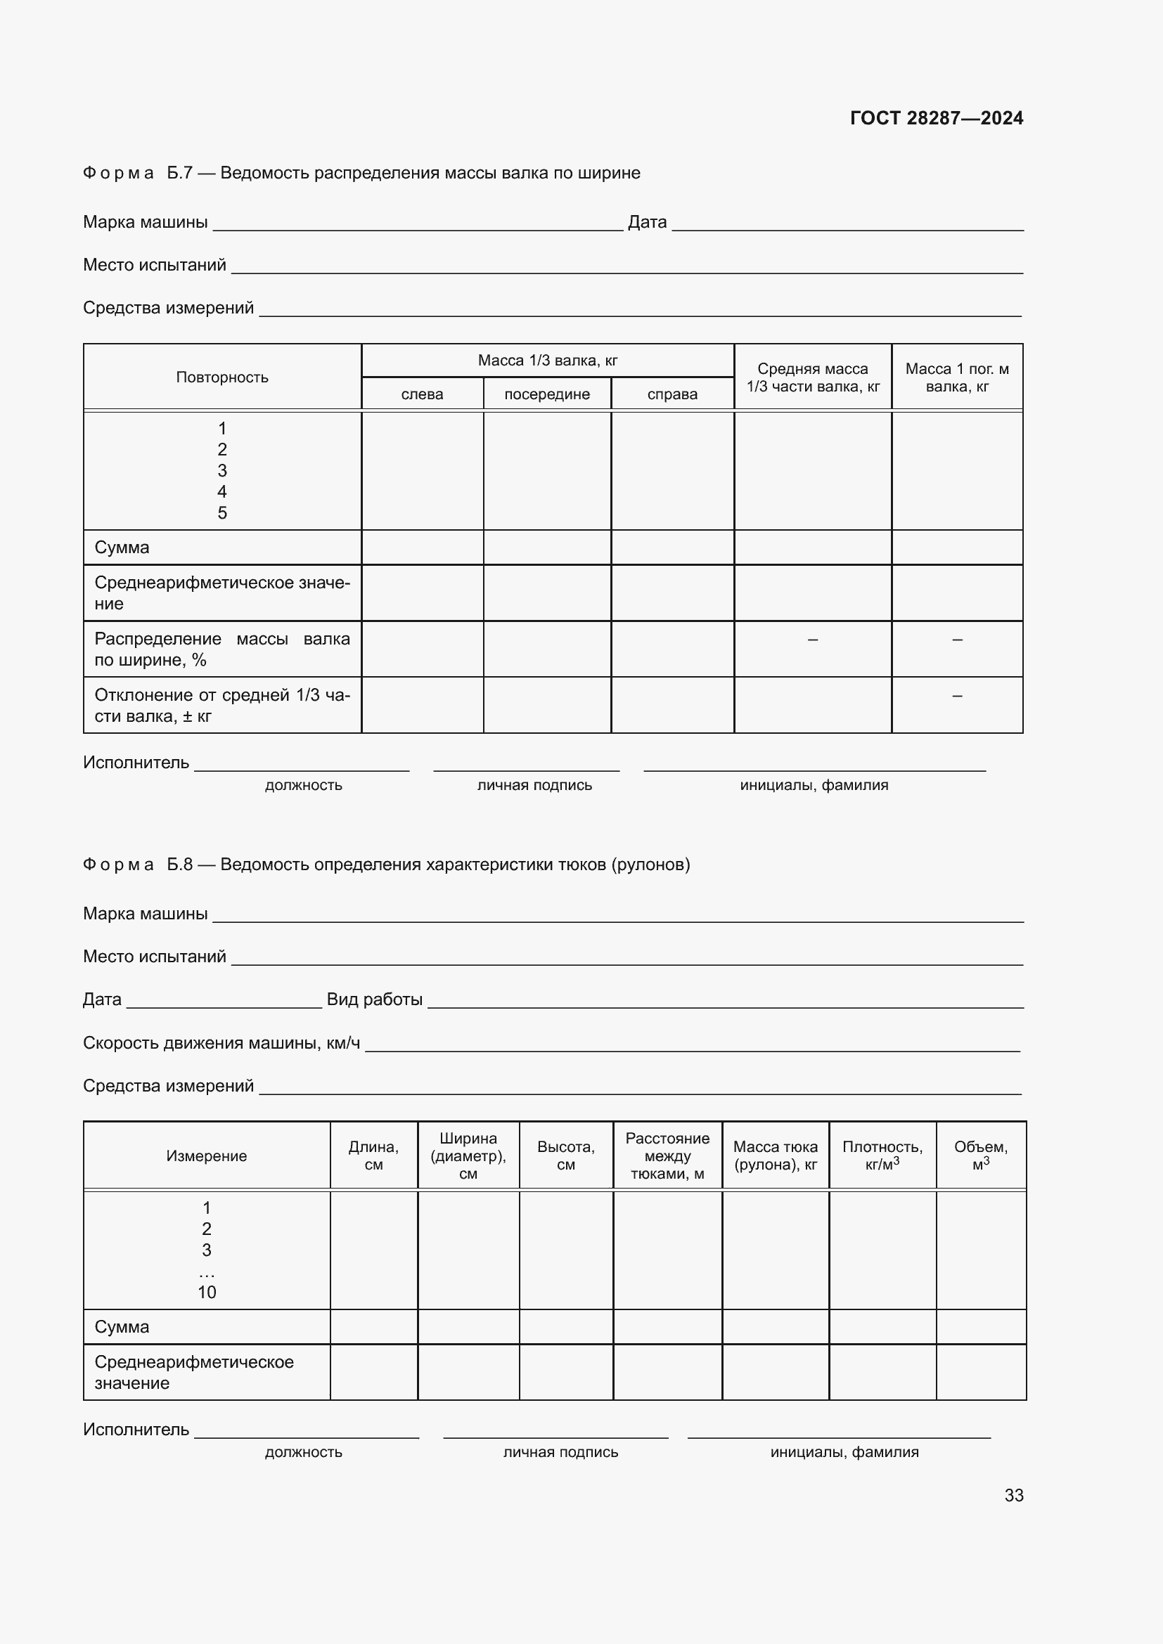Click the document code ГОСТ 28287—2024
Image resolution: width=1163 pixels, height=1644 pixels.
click(x=936, y=118)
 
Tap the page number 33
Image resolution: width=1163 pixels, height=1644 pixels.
click(x=1013, y=1495)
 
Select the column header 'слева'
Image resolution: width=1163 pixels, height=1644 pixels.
click(x=422, y=394)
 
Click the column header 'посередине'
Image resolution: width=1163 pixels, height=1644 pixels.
click(x=547, y=394)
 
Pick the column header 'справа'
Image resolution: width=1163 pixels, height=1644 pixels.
click(x=672, y=394)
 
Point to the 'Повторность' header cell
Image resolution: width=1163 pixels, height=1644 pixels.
click(x=222, y=377)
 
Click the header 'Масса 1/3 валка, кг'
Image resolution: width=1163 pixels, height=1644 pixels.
click(x=547, y=360)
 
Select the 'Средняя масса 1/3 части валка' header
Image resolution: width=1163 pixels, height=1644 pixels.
click(x=813, y=377)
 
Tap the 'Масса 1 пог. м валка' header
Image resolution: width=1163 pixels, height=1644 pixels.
click(x=957, y=377)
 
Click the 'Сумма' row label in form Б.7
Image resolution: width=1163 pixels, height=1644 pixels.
click(x=122, y=548)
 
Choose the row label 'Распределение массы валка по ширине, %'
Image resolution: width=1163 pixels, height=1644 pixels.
click(x=222, y=649)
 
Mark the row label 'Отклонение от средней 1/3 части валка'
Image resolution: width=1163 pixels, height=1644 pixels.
click(x=222, y=705)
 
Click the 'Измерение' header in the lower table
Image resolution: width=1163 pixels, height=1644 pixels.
click(x=206, y=1156)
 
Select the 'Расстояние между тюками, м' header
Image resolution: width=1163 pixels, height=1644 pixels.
click(x=667, y=1156)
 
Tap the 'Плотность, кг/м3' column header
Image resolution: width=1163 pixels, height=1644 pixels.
click(x=882, y=1156)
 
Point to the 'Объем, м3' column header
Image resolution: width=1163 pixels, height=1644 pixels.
click(x=980, y=1156)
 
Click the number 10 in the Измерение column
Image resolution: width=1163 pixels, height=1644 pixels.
click(x=207, y=1293)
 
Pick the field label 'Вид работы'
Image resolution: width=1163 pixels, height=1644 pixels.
click(x=375, y=999)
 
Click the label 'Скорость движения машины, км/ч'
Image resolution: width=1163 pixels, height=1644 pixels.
click(x=221, y=1042)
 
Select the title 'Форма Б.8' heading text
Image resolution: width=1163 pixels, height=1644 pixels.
click(x=387, y=865)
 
